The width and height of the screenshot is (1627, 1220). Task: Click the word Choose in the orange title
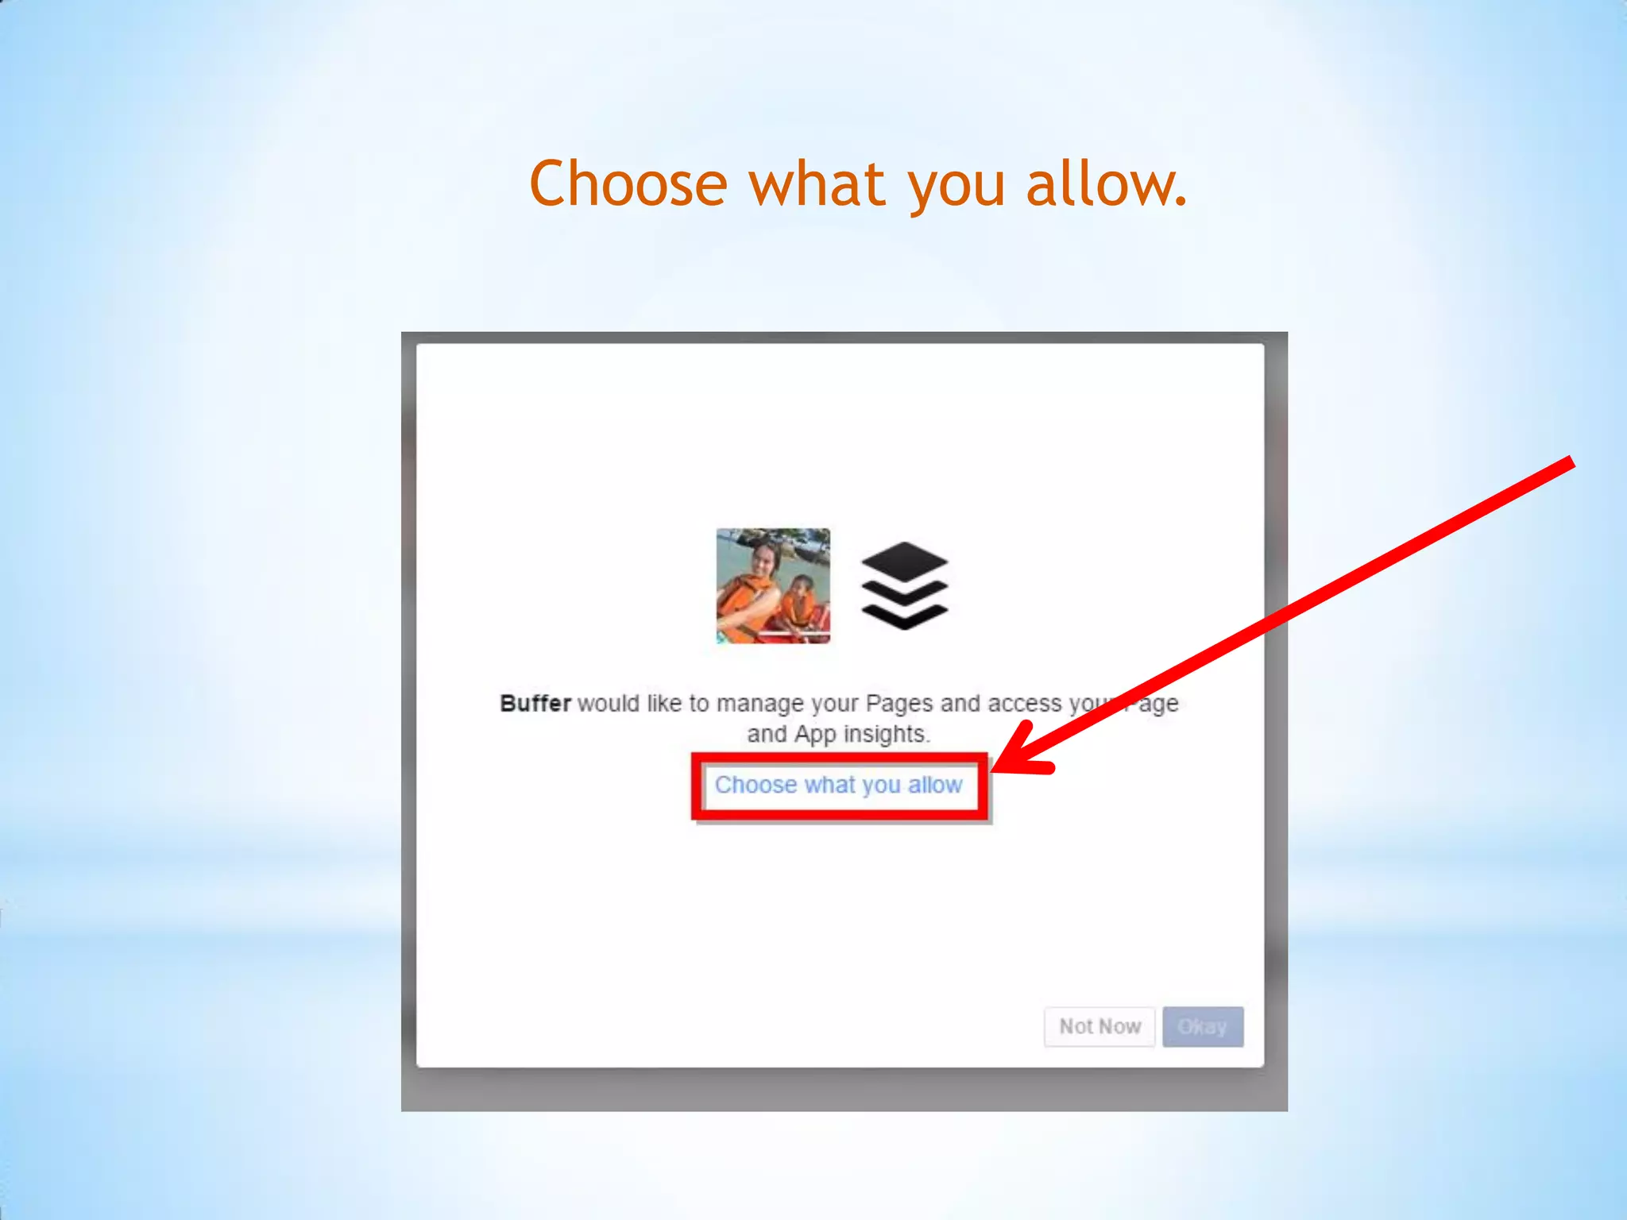[x=628, y=183]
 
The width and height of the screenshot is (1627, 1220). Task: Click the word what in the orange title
[x=817, y=183]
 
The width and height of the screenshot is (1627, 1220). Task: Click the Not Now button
[x=1099, y=1027]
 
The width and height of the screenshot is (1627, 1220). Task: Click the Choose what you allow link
[x=838, y=786]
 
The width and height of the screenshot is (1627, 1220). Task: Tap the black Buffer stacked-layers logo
[x=904, y=586]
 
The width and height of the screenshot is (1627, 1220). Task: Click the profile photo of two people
[x=773, y=586]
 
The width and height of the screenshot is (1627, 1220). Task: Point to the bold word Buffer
[x=535, y=704]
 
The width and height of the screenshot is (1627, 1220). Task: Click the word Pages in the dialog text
[x=899, y=704]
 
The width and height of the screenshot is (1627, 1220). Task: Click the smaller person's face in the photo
[x=802, y=589]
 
